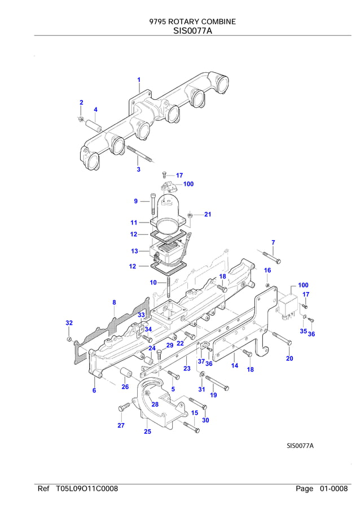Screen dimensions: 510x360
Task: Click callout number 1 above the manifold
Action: point(139,80)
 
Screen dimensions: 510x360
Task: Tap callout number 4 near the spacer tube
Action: point(95,110)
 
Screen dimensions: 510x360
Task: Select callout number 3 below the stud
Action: point(138,169)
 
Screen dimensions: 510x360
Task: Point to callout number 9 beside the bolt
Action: point(136,201)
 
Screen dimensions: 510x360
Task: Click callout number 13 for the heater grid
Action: point(134,251)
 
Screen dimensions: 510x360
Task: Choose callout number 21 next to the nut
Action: point(208,215)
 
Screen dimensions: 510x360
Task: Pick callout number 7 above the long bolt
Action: point(273,243)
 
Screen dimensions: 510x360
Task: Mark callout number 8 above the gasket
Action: point(114,303)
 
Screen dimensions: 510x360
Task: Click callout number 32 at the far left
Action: point(69,323)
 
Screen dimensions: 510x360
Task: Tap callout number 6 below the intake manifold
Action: point(94,390)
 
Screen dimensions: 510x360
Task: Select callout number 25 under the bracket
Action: point(147,432)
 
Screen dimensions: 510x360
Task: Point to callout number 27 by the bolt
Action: point(121,425)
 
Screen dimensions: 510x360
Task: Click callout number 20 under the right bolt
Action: point(289,359)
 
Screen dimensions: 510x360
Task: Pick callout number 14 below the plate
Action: point(235,365)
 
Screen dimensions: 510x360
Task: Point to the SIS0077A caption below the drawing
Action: point(300,446)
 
